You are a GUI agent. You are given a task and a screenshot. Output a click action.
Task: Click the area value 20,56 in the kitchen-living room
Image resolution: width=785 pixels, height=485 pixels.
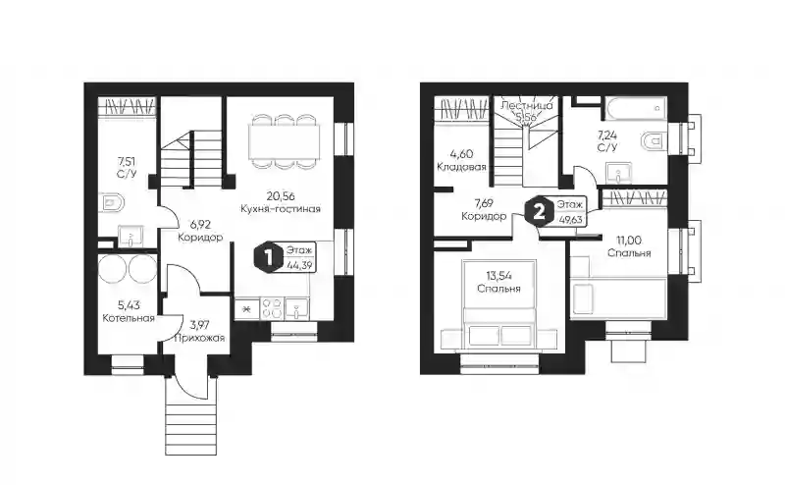coord(280,196)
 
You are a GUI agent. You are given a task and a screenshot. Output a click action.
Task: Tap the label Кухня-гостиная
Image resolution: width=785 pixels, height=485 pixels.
coord(281,208)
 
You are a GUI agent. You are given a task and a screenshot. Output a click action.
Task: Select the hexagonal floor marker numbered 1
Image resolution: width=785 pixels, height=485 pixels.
coord(269,257)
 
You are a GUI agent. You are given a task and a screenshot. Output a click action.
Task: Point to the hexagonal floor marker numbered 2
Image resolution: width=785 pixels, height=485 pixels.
coord(539,212)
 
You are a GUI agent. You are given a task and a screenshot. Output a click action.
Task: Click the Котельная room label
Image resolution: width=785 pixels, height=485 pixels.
coord(129,318)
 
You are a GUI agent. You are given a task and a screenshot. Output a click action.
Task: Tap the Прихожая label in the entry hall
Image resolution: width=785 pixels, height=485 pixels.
coord(199,338)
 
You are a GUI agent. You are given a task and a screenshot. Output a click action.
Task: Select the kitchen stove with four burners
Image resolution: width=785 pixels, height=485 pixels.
coord(273,308)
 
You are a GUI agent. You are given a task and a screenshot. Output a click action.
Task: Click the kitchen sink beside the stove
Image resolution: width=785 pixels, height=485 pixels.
coord(297,308)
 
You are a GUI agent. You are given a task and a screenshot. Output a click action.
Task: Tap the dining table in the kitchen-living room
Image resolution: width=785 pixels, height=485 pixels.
coord(285,140)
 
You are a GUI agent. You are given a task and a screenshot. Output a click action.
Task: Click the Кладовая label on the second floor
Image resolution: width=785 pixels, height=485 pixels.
coord(461,167)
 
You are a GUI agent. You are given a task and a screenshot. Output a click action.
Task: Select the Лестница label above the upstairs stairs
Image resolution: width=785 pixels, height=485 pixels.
coord(526,106)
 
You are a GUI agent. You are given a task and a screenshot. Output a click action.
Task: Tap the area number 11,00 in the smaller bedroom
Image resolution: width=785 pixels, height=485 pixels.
coord(629,241)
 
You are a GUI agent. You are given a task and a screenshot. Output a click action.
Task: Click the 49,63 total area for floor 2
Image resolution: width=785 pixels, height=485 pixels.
coord(569,219)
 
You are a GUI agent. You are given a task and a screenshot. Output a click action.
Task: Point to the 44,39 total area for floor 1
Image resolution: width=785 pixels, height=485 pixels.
coord(300,264)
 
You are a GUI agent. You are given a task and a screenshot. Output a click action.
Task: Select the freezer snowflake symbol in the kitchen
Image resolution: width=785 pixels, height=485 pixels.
coord(247,308)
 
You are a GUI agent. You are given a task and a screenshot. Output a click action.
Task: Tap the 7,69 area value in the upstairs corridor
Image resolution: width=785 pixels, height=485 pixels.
coord(484,203)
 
